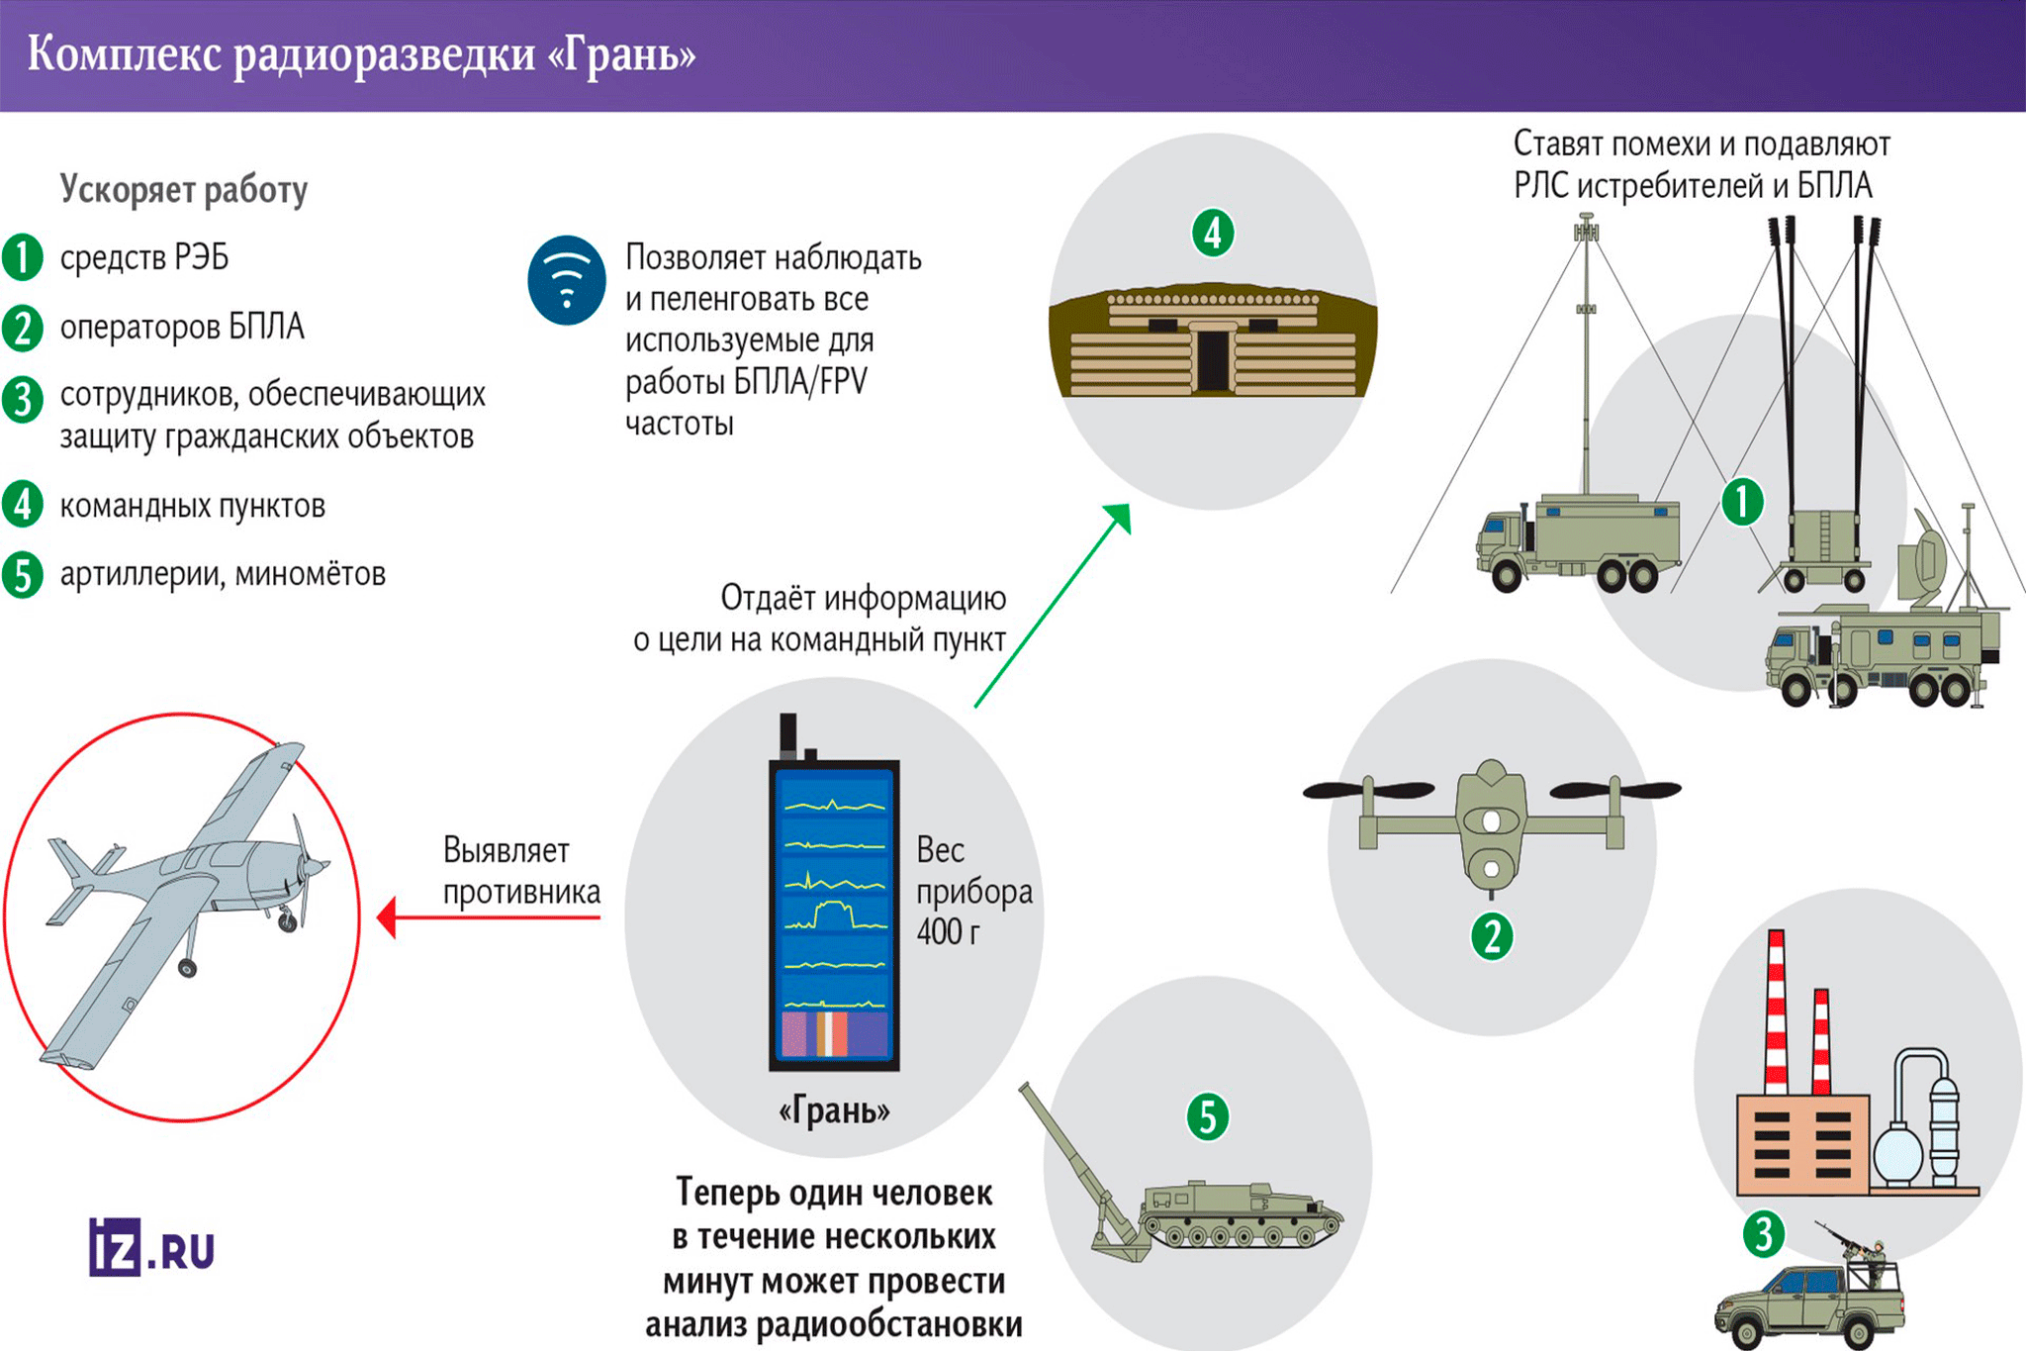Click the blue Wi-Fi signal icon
567,281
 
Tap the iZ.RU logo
151,1247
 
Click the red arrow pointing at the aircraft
489,917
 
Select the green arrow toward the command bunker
1053,605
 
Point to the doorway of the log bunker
1213,360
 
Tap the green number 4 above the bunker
1213,234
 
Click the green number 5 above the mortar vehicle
1207,1117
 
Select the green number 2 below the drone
1492,935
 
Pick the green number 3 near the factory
1763,1233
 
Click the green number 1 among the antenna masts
1742,502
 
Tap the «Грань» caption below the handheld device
834,1111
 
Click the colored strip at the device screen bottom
835,1034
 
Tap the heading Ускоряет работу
184,189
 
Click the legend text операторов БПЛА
182,327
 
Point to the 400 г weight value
948,932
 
